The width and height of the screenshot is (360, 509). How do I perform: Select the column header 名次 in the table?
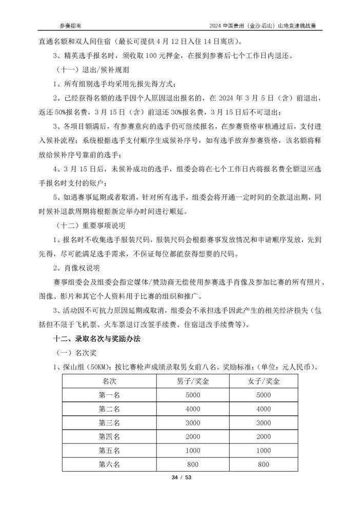coord(109,382)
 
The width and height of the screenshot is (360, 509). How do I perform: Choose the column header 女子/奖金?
coord(264,382)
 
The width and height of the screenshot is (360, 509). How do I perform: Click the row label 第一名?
coord(109,396)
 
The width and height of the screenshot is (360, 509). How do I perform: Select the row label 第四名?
coord(109,437)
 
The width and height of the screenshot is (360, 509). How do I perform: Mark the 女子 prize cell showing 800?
coord(264,464)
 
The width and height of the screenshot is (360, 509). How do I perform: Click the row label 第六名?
coord(109,464)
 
